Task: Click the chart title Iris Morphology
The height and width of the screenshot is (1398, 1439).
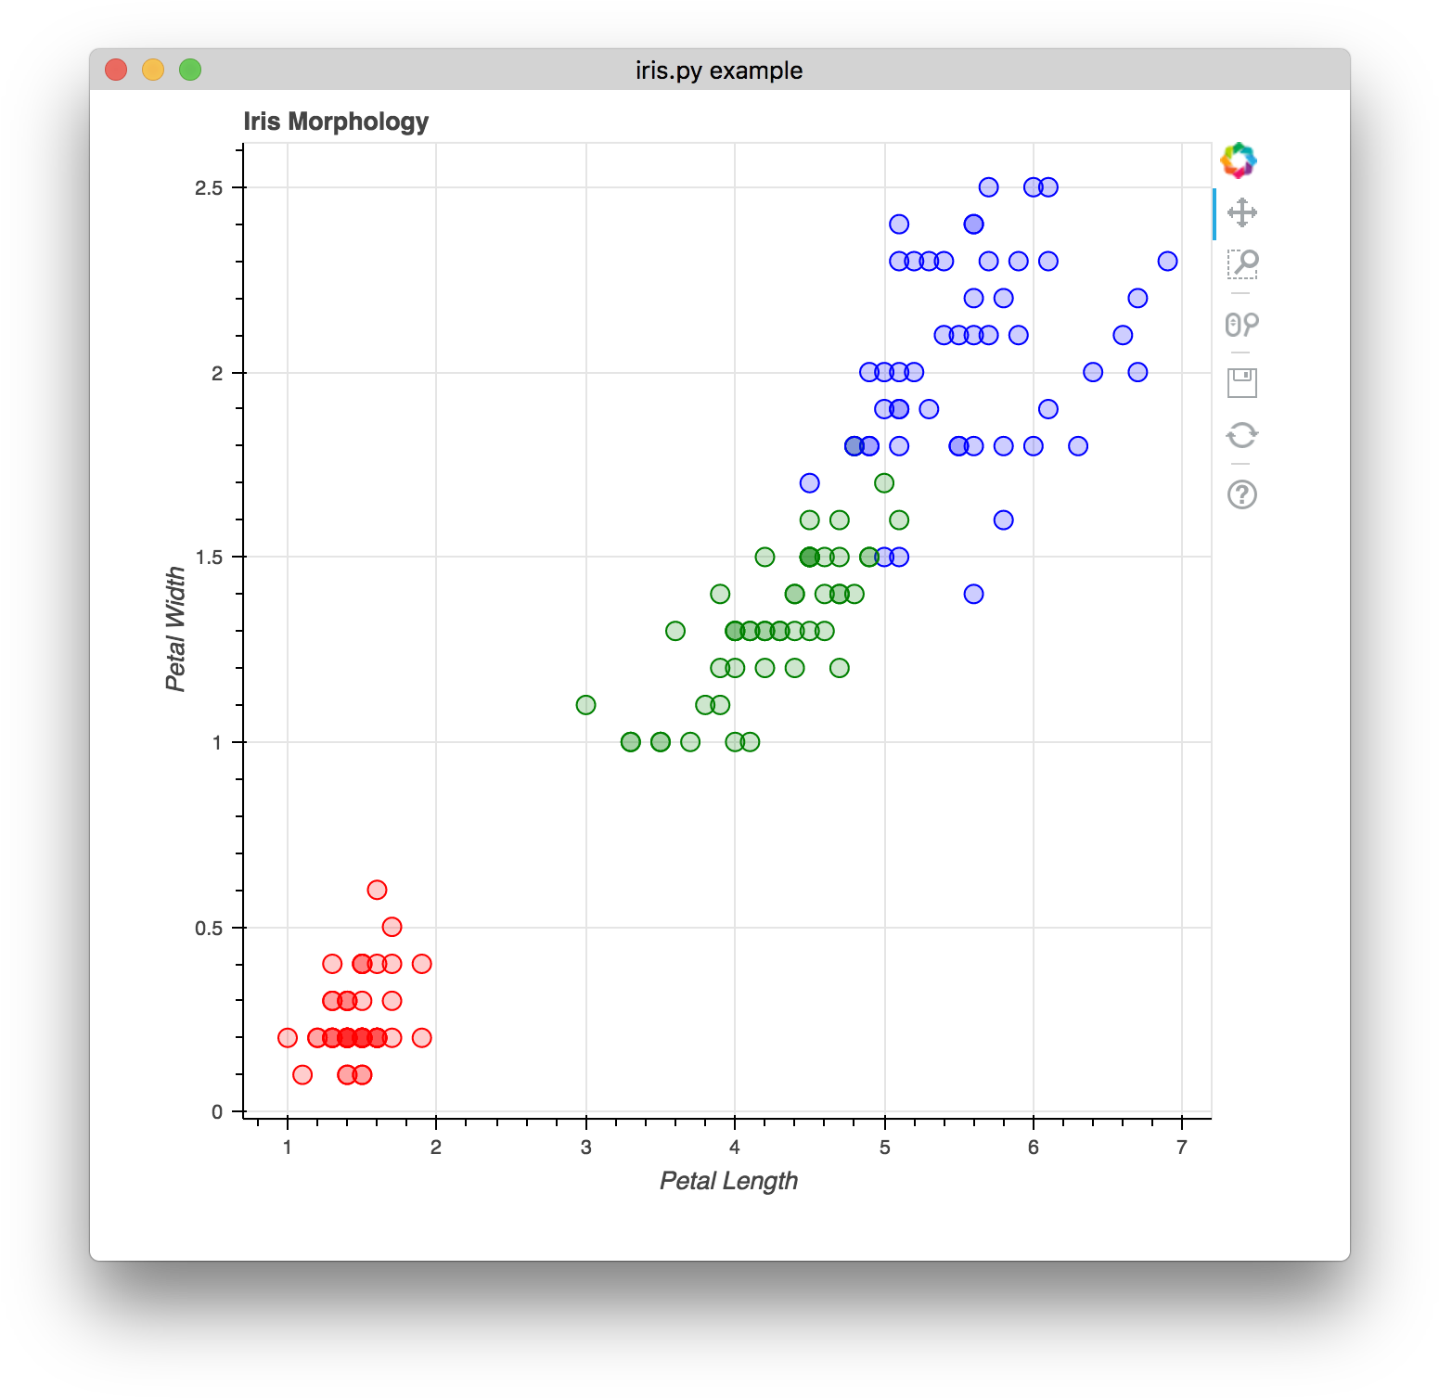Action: (x=336, y=122)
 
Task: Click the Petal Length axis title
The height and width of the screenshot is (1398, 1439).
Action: (x=728, y=1181)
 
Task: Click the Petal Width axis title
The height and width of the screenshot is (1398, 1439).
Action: (x=175, y=629)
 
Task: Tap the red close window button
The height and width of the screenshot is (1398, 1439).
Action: (x=116, y=70)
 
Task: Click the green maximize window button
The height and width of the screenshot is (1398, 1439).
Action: (x=190, y=70)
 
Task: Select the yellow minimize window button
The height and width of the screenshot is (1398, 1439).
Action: (x=153, y=70)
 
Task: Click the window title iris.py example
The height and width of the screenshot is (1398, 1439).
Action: (x=719, y=71)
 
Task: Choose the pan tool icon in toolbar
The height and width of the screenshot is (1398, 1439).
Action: (x=1241, y=212)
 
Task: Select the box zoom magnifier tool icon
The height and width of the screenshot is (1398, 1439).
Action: (x=1241, y=263)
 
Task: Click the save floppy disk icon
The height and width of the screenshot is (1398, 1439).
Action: (x=1241, y=382)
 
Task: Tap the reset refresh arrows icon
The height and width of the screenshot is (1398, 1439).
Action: (x=1241, y=435)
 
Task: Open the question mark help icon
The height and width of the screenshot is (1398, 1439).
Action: (x=1241, y=494)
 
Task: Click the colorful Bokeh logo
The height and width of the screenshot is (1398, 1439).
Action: (x=1239, y=160)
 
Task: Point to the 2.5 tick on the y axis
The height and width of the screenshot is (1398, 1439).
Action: (x=210, y=187)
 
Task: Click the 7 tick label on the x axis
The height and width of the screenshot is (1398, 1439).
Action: (x=1181, y=1148)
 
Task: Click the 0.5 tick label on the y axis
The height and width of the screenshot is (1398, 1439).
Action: (x=210, y=928)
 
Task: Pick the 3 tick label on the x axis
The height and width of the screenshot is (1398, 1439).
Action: (x=585, y=1148)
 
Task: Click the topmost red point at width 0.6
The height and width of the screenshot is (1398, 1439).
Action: (x=377, y=890)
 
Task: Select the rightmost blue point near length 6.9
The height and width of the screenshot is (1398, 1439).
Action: (x=1167, y=262)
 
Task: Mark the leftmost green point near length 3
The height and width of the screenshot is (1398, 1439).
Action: (x=585, y=705)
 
